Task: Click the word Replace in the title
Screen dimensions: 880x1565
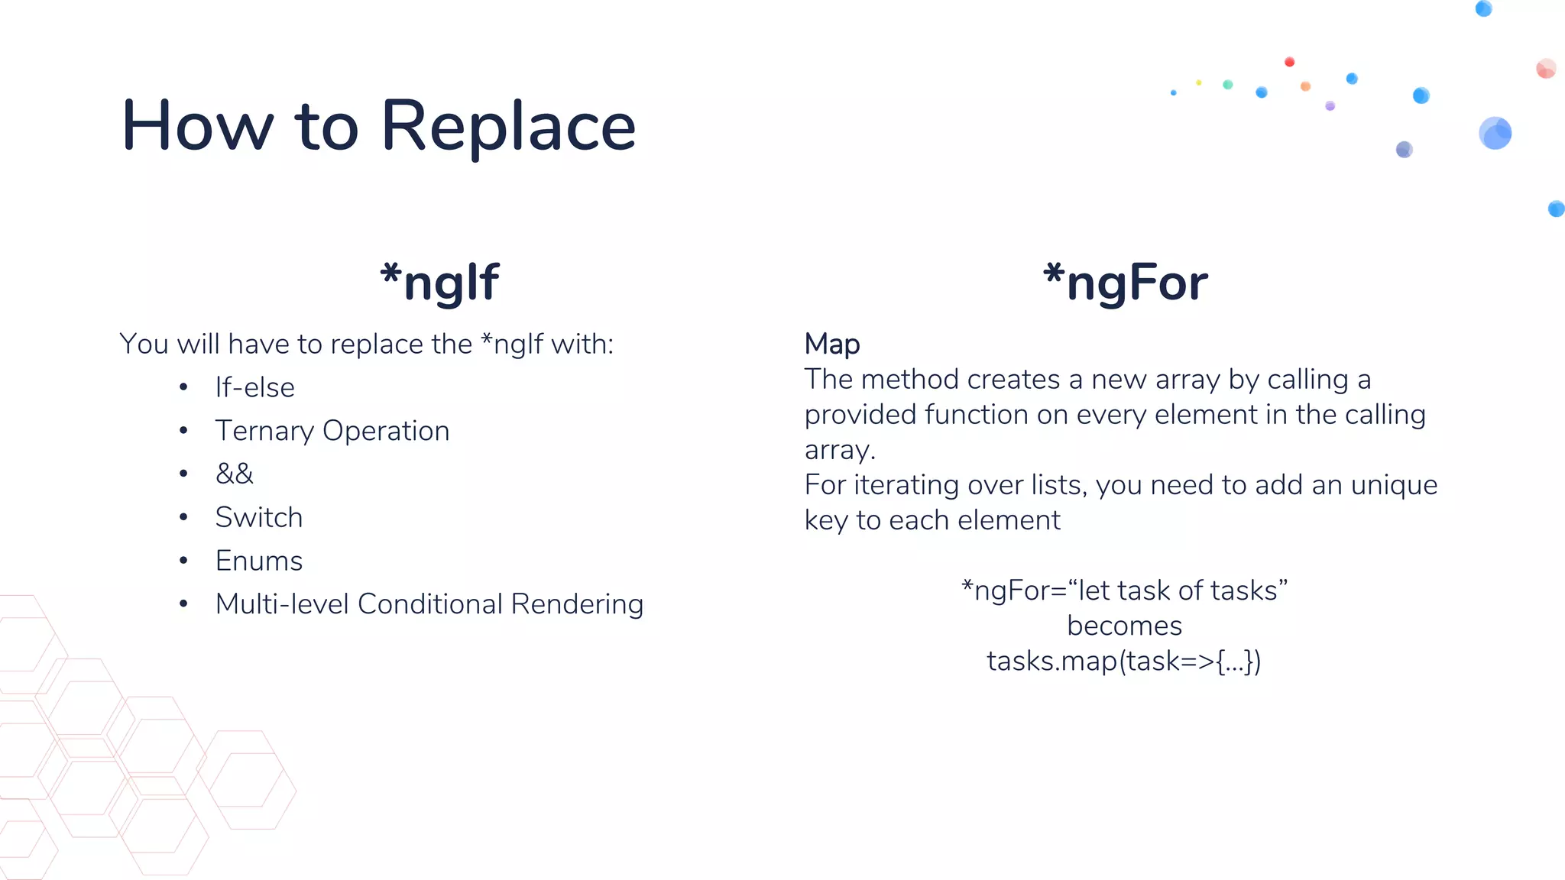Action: tap(508, 127)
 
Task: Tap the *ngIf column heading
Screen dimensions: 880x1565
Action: tap(439, 283)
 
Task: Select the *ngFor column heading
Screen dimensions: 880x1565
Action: tap(1126, 283)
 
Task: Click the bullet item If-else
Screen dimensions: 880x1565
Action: tap(254, 388)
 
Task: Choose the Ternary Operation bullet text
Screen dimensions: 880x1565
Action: tap(332, 432)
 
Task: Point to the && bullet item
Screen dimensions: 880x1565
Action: tap(234, 474)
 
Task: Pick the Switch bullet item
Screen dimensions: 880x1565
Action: tap(259, 518)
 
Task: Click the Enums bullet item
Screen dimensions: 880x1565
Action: tap(259, 561)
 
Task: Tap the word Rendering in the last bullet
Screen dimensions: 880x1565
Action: tap(577, 604)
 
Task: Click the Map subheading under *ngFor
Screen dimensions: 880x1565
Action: tap(832, 345)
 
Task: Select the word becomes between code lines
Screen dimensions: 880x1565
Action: tap(1124, 626)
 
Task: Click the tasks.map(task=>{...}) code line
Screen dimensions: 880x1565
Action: tap(1124, 662)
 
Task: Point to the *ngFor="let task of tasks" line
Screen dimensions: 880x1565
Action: tap(1124, 591)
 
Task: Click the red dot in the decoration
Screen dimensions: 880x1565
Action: tap(1290, 62)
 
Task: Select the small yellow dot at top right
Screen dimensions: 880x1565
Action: tap(1199, 82)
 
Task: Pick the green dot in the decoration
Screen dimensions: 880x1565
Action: tap(1228, 85)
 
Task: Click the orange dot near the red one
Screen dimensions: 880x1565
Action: tap(1306, 86)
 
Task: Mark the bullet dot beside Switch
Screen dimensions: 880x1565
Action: tap(183, 518)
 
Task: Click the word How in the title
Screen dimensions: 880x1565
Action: tap(197, 127)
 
